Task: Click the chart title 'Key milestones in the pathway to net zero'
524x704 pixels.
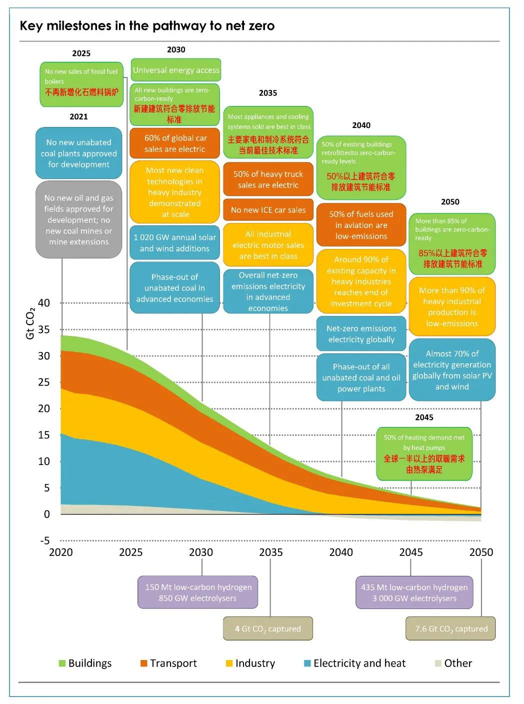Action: pyautogui.click(x=147, y=25)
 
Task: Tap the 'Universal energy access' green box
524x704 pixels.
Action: pyautogui.click(x=176, y=70)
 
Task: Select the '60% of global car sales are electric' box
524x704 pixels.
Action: pyautogui.click(x=174, y=143)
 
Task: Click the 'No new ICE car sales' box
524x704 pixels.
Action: pyautogui.click(x=268, y=210)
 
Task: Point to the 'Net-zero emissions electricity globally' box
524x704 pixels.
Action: pyautogui.click(x=361, y=334)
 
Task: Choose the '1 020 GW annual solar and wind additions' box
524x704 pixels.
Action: pyautogui.click(x=174, y=243)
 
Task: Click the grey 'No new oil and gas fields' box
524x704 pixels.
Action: pyautogui.click(x=78, y=220)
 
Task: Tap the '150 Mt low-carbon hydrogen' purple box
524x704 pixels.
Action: pyautogui.click(x=198, y=592)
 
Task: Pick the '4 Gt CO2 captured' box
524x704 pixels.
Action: pyautogui.click(x=268, y=628)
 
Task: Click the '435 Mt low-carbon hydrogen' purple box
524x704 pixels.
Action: pyautogui.click(x=414, y=592)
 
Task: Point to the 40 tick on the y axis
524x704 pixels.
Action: pyautogui.click(x=44, y=303)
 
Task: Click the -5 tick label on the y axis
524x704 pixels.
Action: pyautogui.click(x=45, y=540)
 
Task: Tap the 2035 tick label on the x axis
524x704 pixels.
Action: pyautogui.click(x=270, y=552)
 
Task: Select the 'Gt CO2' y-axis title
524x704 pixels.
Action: pyautogui.click(x=30, y=324)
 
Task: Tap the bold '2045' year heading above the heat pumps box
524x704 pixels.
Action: pyautogui.click(x=424, y=417)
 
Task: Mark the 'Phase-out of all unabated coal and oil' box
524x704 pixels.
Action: pyautogui.click(x=361, y=378)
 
